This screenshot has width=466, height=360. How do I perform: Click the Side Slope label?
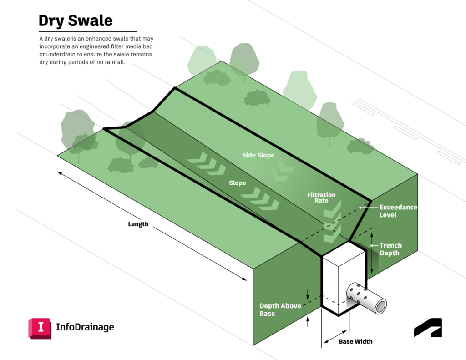coord(258,156)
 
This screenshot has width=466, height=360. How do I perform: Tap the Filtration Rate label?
coord(321,198)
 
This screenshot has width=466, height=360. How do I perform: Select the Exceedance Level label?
coord(398,211)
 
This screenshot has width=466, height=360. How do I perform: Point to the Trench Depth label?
coord(390,249)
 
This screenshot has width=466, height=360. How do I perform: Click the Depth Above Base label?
coord(280,309)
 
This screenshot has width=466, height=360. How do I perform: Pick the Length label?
coord(139,224)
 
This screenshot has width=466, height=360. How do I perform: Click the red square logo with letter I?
coord(40,328)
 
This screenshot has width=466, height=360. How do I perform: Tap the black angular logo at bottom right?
coord(428,328)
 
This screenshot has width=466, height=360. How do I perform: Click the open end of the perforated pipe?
coord(380,307)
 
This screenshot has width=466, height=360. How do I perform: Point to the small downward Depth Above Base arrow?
coord(308,294)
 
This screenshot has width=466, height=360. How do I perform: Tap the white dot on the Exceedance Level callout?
coord(360,208)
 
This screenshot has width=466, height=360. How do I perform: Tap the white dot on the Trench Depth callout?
coord(372,245)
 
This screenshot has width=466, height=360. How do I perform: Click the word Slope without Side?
coord(237,183)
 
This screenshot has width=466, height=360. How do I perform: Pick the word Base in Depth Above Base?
coord(267,314)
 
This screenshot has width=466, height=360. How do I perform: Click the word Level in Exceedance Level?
coord(388,215)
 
